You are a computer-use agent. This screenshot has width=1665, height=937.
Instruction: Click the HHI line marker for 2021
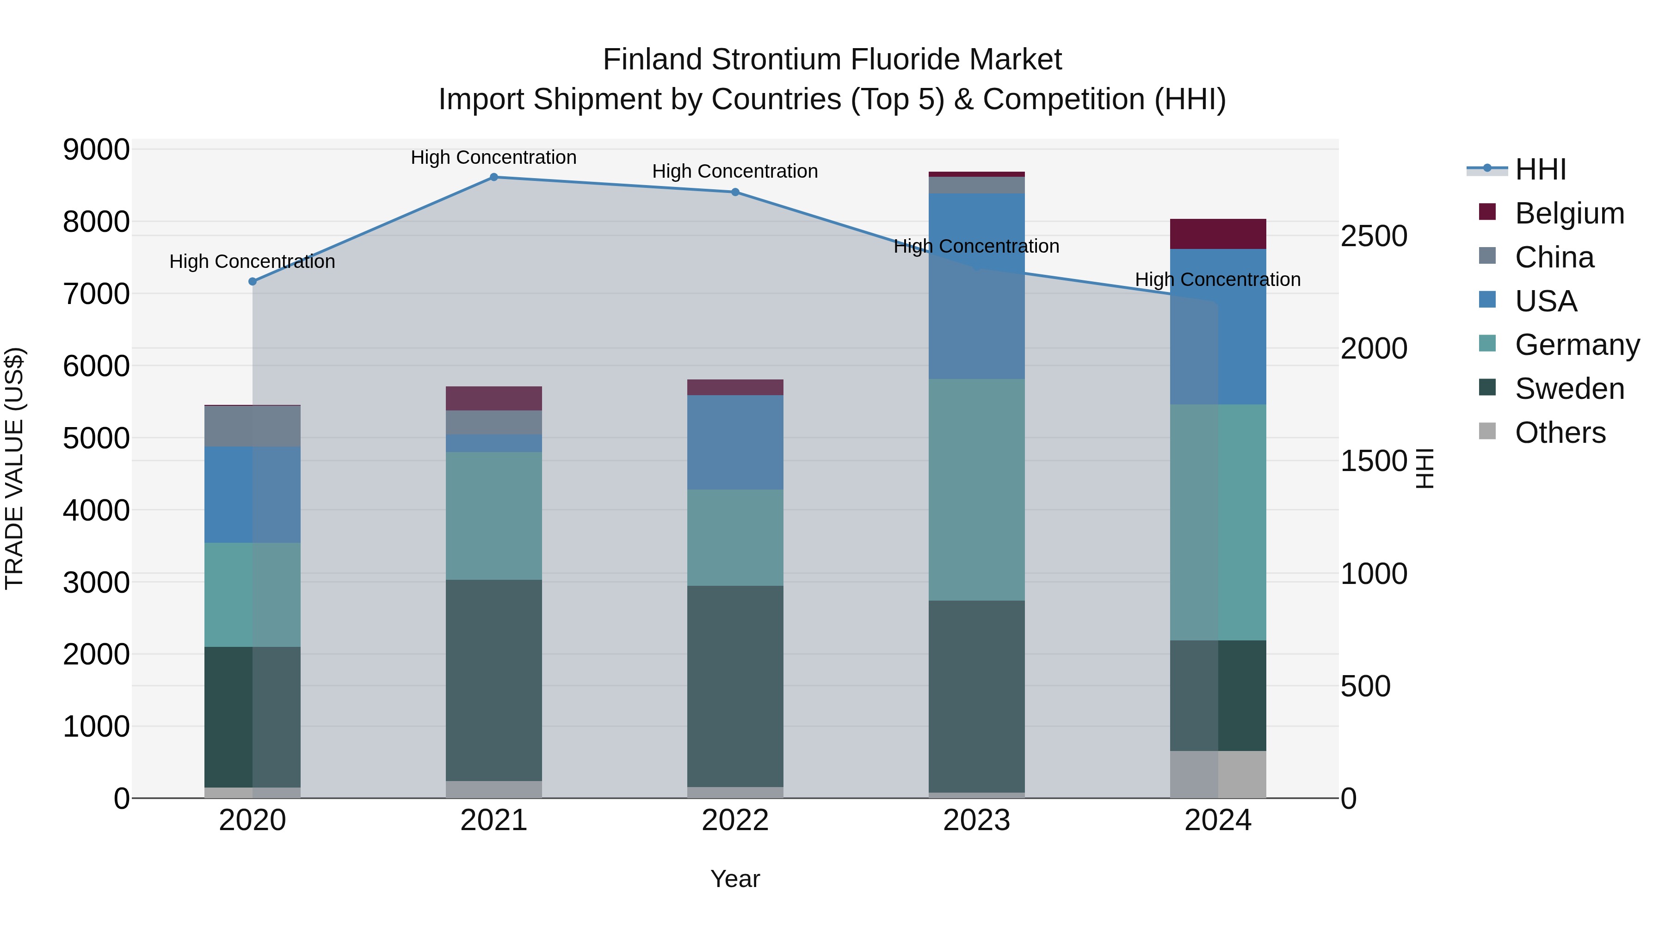point(494,177)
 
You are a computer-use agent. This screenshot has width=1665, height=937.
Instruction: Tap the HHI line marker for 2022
point(735,192)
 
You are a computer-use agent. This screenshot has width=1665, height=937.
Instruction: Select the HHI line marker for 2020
point(253,281)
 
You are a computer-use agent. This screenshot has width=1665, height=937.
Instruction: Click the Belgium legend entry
point(1569,213)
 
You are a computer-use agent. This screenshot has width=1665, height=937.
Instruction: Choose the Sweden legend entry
point(1569,389)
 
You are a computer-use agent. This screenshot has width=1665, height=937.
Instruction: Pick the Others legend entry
point(1560,433)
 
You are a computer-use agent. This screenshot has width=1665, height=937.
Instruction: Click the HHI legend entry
point(1540,169)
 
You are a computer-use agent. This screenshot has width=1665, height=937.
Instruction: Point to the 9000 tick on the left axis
point(96,150)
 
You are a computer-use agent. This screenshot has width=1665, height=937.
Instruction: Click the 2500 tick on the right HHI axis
point(1374,236)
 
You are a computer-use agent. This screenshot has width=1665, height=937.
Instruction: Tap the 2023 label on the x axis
point(976,820)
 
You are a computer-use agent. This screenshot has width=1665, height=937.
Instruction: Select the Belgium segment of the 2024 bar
point(1218,234)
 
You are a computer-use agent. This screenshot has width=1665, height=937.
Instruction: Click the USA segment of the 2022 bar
point(735,442)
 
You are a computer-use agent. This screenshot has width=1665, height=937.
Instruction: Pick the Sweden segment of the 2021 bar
point(494,680)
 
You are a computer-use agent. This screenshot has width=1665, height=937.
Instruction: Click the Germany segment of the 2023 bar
point(976,490)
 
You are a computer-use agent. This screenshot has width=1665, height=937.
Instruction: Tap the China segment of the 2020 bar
point(253,426)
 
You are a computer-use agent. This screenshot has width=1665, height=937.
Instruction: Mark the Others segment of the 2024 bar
point(1218,774)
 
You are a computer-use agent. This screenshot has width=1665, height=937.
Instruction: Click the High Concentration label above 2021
point(494,157)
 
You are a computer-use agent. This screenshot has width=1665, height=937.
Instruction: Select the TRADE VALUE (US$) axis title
point(14,468)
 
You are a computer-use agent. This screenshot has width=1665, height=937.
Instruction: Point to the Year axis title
point(735,879)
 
